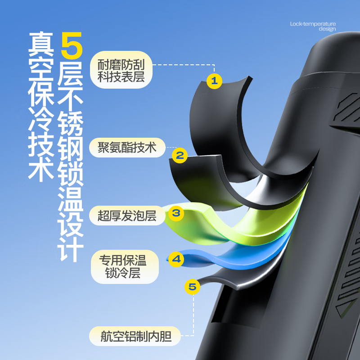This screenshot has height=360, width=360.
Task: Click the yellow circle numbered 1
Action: [x=214, y=81]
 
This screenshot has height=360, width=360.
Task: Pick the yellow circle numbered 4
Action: [x=176, y=259]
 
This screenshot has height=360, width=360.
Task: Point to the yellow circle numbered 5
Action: [x=192, y=287]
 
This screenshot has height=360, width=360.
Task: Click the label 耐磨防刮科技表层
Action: [x=121, y=71]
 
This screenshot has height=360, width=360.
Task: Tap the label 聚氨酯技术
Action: [x=127, y=147]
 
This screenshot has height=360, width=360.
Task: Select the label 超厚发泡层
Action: [x=127, y=216]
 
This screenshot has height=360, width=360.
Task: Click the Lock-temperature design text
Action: [x=313, y=26]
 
